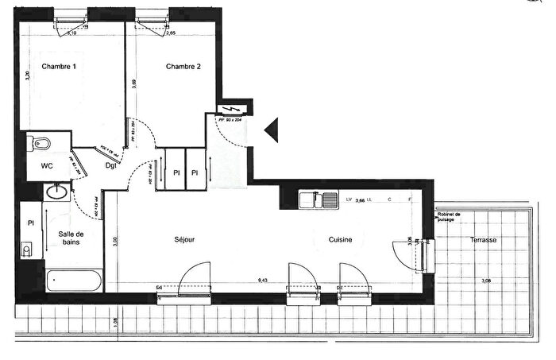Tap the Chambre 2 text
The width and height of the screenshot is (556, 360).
click(x=183, y=66)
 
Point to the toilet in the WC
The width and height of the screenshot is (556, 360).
click(x=40, y=144)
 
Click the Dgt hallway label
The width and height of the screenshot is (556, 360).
click(x=112, y=165)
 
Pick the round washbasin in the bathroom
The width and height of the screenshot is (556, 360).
click(x=57, y=192)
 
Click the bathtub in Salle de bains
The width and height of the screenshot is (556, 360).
click(x=73, y=279)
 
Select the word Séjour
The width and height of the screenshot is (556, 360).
click(x=185, y=238)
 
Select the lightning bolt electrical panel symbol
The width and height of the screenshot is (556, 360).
click(x=233, y=110)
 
